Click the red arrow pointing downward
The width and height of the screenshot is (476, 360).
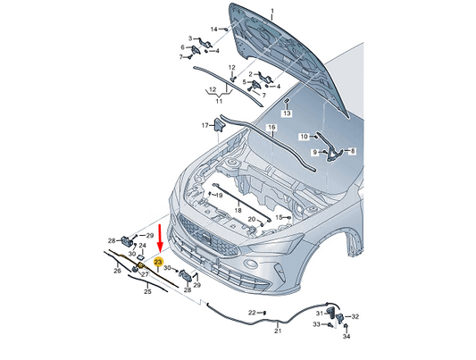tap(160, 237)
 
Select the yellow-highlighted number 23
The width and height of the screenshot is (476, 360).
tap(158, 262)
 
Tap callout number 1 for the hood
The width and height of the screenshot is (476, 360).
tap(272, 12)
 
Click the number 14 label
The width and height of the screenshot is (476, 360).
tap(214, 29)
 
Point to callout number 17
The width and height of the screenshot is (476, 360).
tap(205, 125)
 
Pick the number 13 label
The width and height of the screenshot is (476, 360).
tap(287, 113)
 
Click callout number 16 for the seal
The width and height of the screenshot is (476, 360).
tap(271, 127)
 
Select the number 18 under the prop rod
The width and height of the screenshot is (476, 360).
tap(238, 210)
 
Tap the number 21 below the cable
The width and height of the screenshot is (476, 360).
tap(278, 331)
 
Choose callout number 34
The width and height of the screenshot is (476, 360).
tap(347, 336)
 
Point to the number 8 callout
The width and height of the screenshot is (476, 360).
tap(353, 151)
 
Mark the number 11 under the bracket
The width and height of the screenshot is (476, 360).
tap(219, 101)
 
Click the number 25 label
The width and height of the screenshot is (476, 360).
tap(147, 292)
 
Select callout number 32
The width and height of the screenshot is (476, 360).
tap(355, 316)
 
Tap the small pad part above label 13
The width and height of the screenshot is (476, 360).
tap(287, 100)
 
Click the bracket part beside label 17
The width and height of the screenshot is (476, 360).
tap(219, 124)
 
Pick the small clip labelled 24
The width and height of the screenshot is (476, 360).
tap(141, 258)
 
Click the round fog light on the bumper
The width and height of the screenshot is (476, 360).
tap(251, 263)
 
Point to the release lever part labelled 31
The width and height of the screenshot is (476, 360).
tap(330, 312)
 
